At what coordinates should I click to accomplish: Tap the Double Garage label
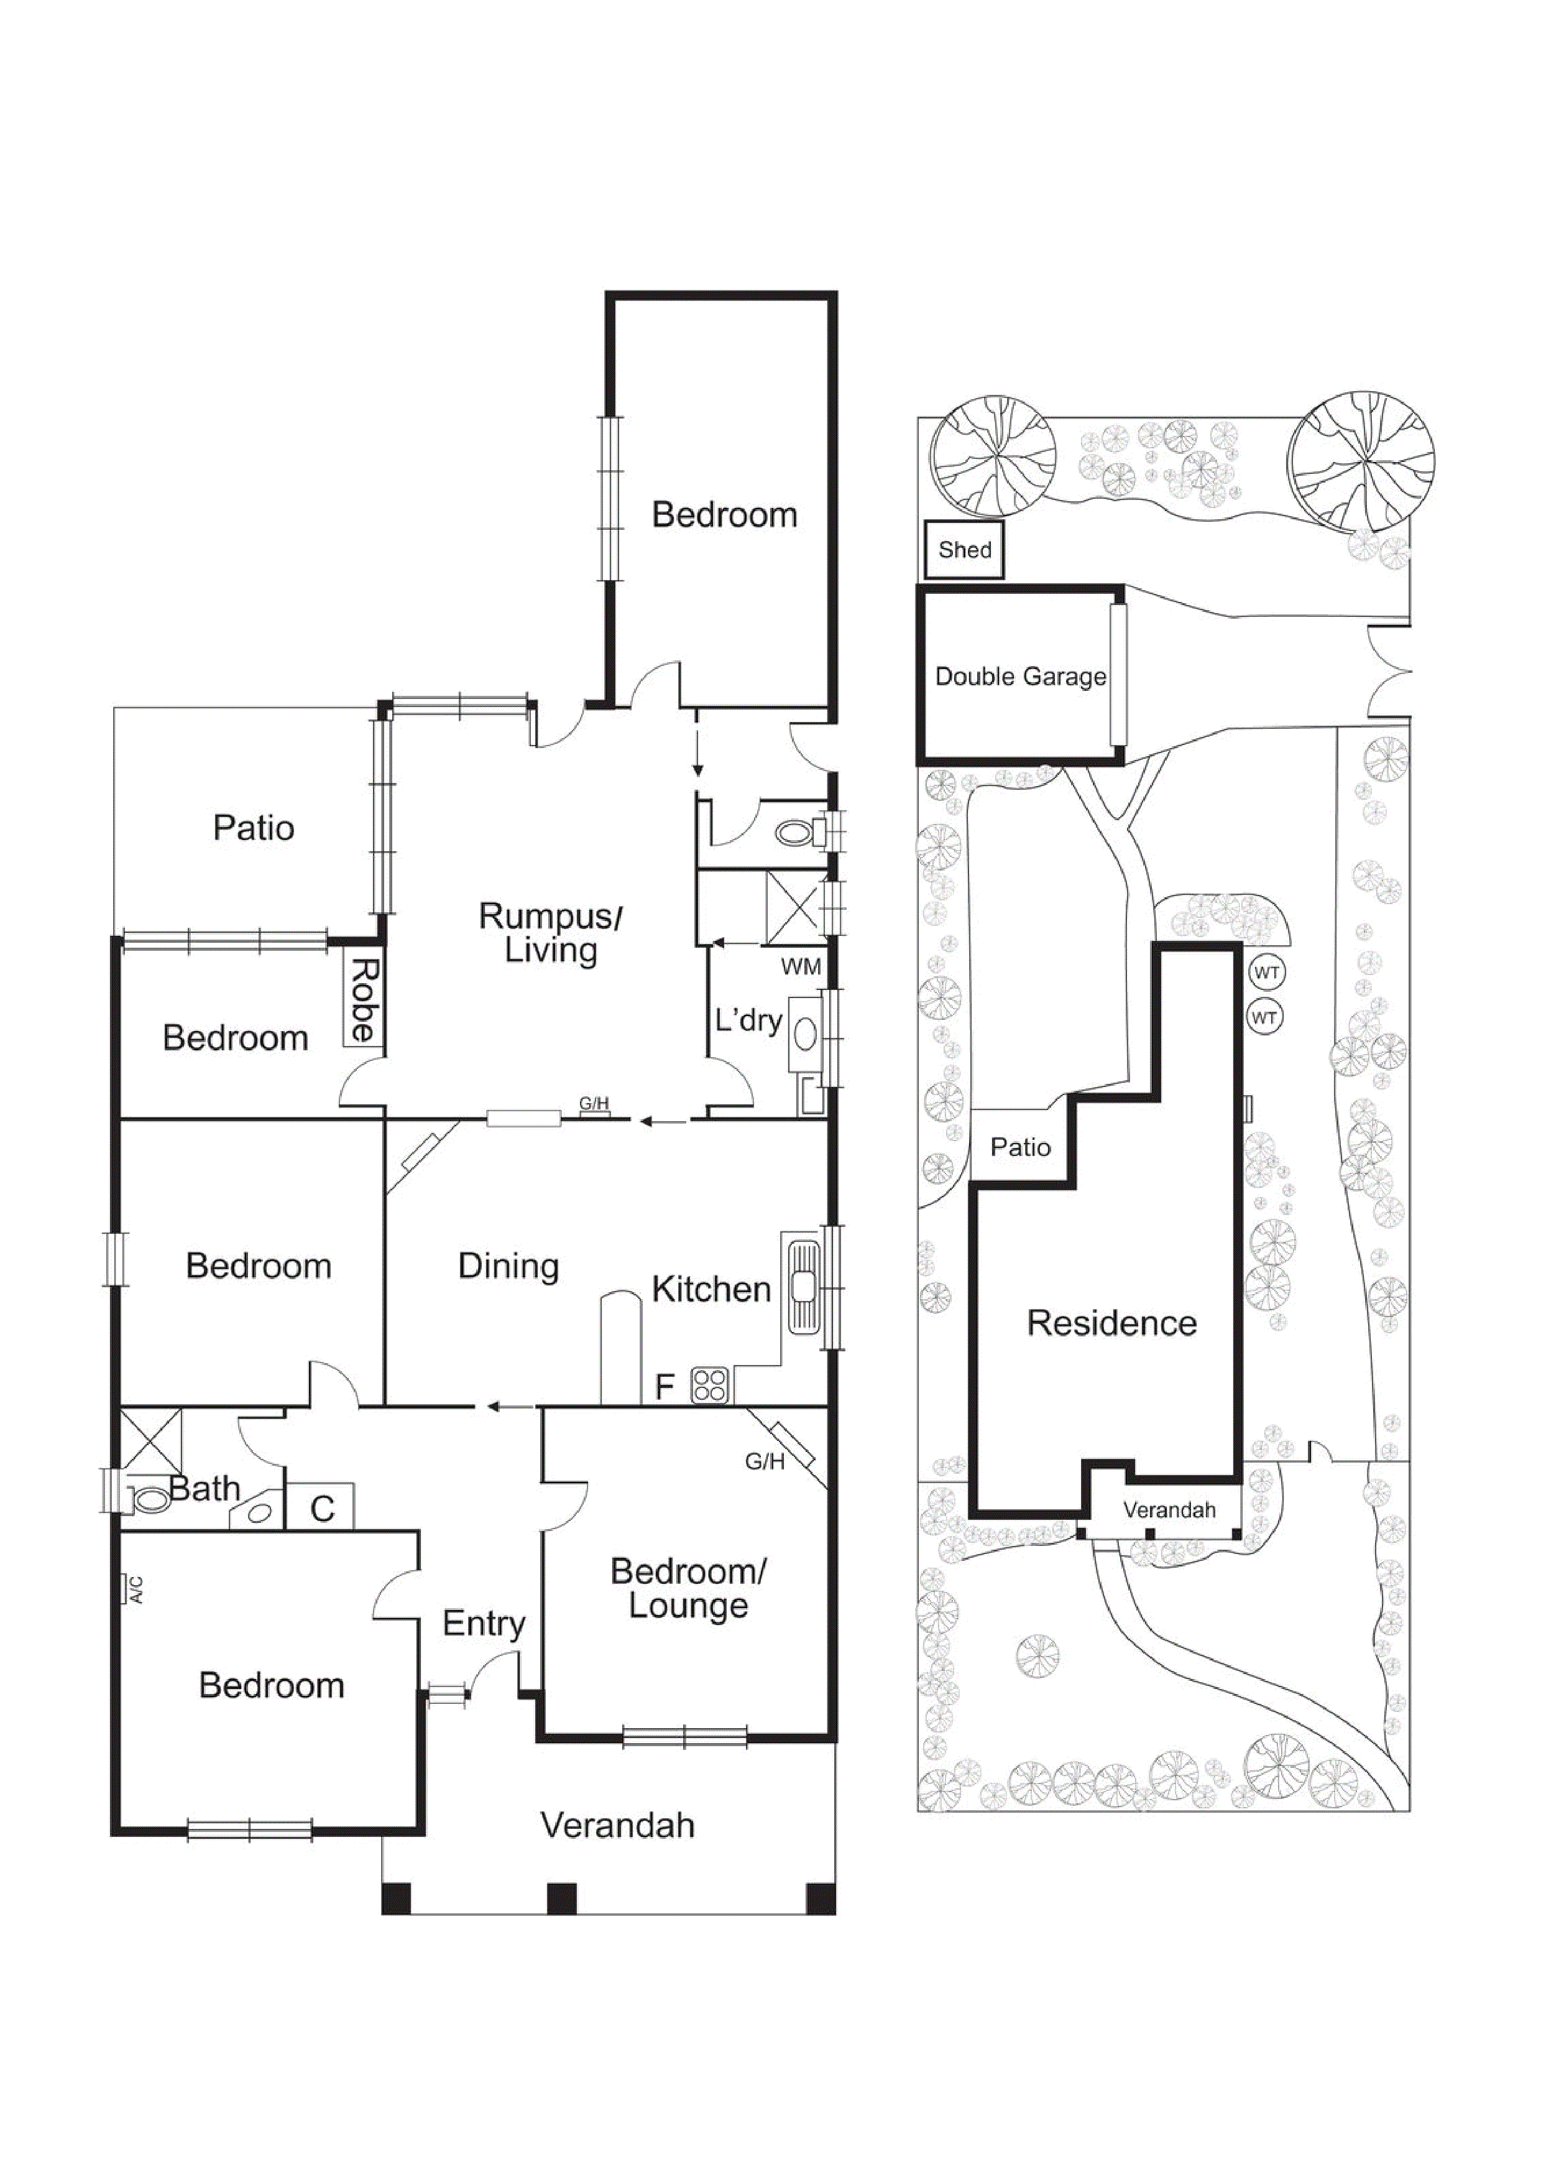1020,676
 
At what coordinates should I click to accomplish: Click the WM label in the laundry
800,967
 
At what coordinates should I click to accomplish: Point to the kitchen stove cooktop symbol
710,1385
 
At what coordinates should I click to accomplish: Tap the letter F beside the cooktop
665,1387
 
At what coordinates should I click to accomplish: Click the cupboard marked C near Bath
321,1508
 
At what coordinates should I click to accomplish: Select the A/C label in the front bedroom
135,1589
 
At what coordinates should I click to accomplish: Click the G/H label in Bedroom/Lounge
764,1461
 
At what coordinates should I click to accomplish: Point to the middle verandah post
562,1898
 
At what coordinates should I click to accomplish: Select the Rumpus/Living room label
550,933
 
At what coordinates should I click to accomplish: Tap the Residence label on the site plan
1111,1323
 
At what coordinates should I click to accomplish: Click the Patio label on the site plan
1020,1147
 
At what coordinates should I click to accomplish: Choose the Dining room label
508,1266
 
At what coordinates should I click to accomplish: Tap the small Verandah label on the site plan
1169,1510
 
